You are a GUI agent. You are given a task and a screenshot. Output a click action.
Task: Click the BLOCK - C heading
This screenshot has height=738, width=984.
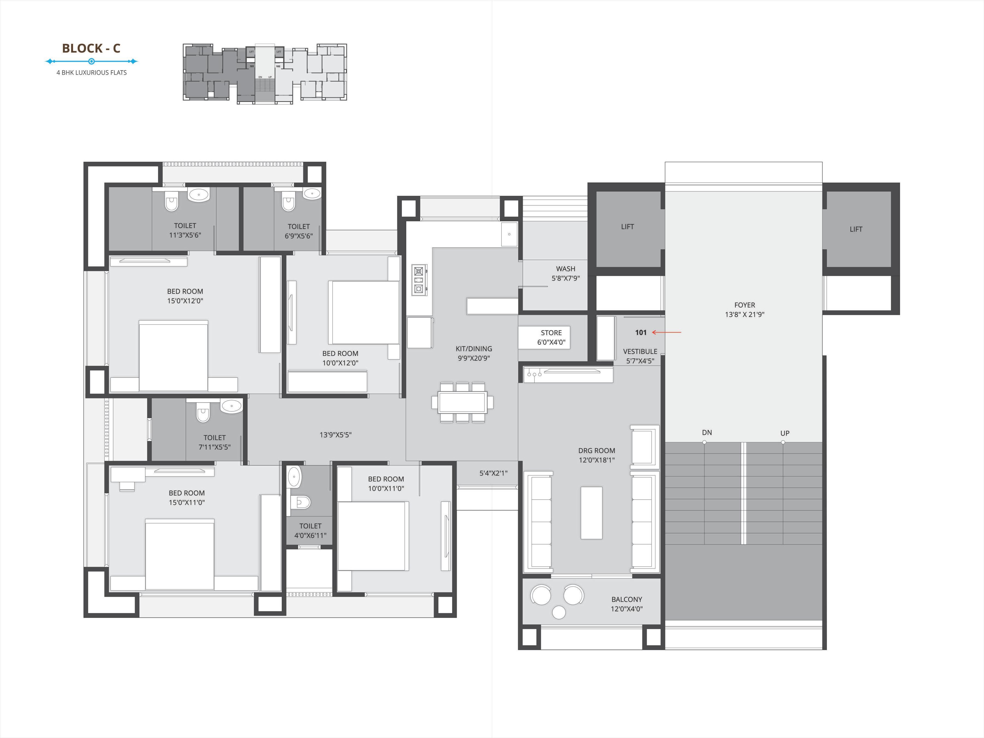pos(91,48)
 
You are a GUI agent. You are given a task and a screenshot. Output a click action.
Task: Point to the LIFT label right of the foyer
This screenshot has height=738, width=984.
pos(856,229)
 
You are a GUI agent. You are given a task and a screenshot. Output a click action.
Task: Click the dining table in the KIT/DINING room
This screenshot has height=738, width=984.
pos(462,402)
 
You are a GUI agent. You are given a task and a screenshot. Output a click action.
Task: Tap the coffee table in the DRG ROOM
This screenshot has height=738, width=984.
pos(591,512)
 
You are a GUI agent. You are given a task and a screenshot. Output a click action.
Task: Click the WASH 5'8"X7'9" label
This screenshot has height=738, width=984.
pos(566,273)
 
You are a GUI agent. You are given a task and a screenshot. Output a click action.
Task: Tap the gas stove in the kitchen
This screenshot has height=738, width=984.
pos(418,280)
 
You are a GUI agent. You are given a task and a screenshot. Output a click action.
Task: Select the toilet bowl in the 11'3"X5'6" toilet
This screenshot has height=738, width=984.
pos(171,203)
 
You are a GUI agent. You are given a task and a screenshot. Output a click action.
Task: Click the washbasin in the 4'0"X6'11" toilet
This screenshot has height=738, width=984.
pos(294,477)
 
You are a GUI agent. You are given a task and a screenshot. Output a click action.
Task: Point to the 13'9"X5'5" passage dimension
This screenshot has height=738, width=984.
pos(335,435)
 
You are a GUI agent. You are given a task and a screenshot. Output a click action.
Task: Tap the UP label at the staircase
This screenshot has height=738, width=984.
pos(785,433)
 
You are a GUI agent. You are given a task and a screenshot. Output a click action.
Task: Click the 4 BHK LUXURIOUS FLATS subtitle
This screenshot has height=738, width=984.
pos(92,72)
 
